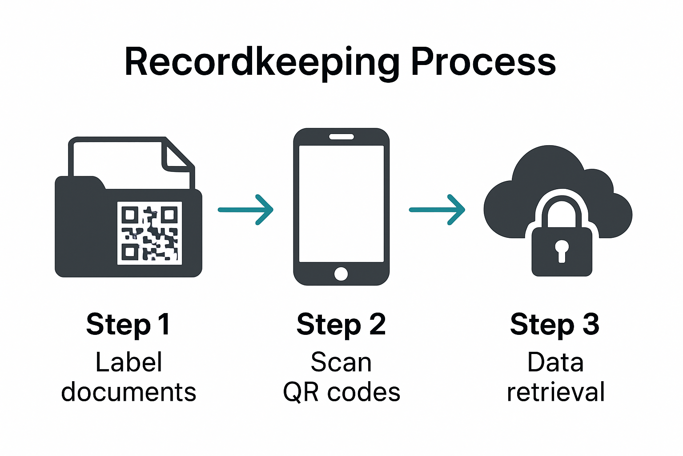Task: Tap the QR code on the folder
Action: click(x=149, y=233)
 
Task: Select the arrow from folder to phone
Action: click(x=245, y=210)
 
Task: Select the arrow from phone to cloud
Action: click(x=437, y=210)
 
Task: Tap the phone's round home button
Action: click(x=341, y=273)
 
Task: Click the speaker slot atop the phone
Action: click(x=341, y=137)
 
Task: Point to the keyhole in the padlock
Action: click(x=562, y=250)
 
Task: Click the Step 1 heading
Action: click(x=128, y=324)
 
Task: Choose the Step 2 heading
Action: click(x=341, y=324)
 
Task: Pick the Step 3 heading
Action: click(x=554, y=324)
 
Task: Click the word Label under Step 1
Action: click(x=129, y=362)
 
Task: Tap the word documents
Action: click(x=129, y=392)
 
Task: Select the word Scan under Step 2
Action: click(x=341, y=362)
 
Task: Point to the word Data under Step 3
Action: click(x=555, y=362)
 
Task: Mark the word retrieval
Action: click(x=555, y=392)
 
